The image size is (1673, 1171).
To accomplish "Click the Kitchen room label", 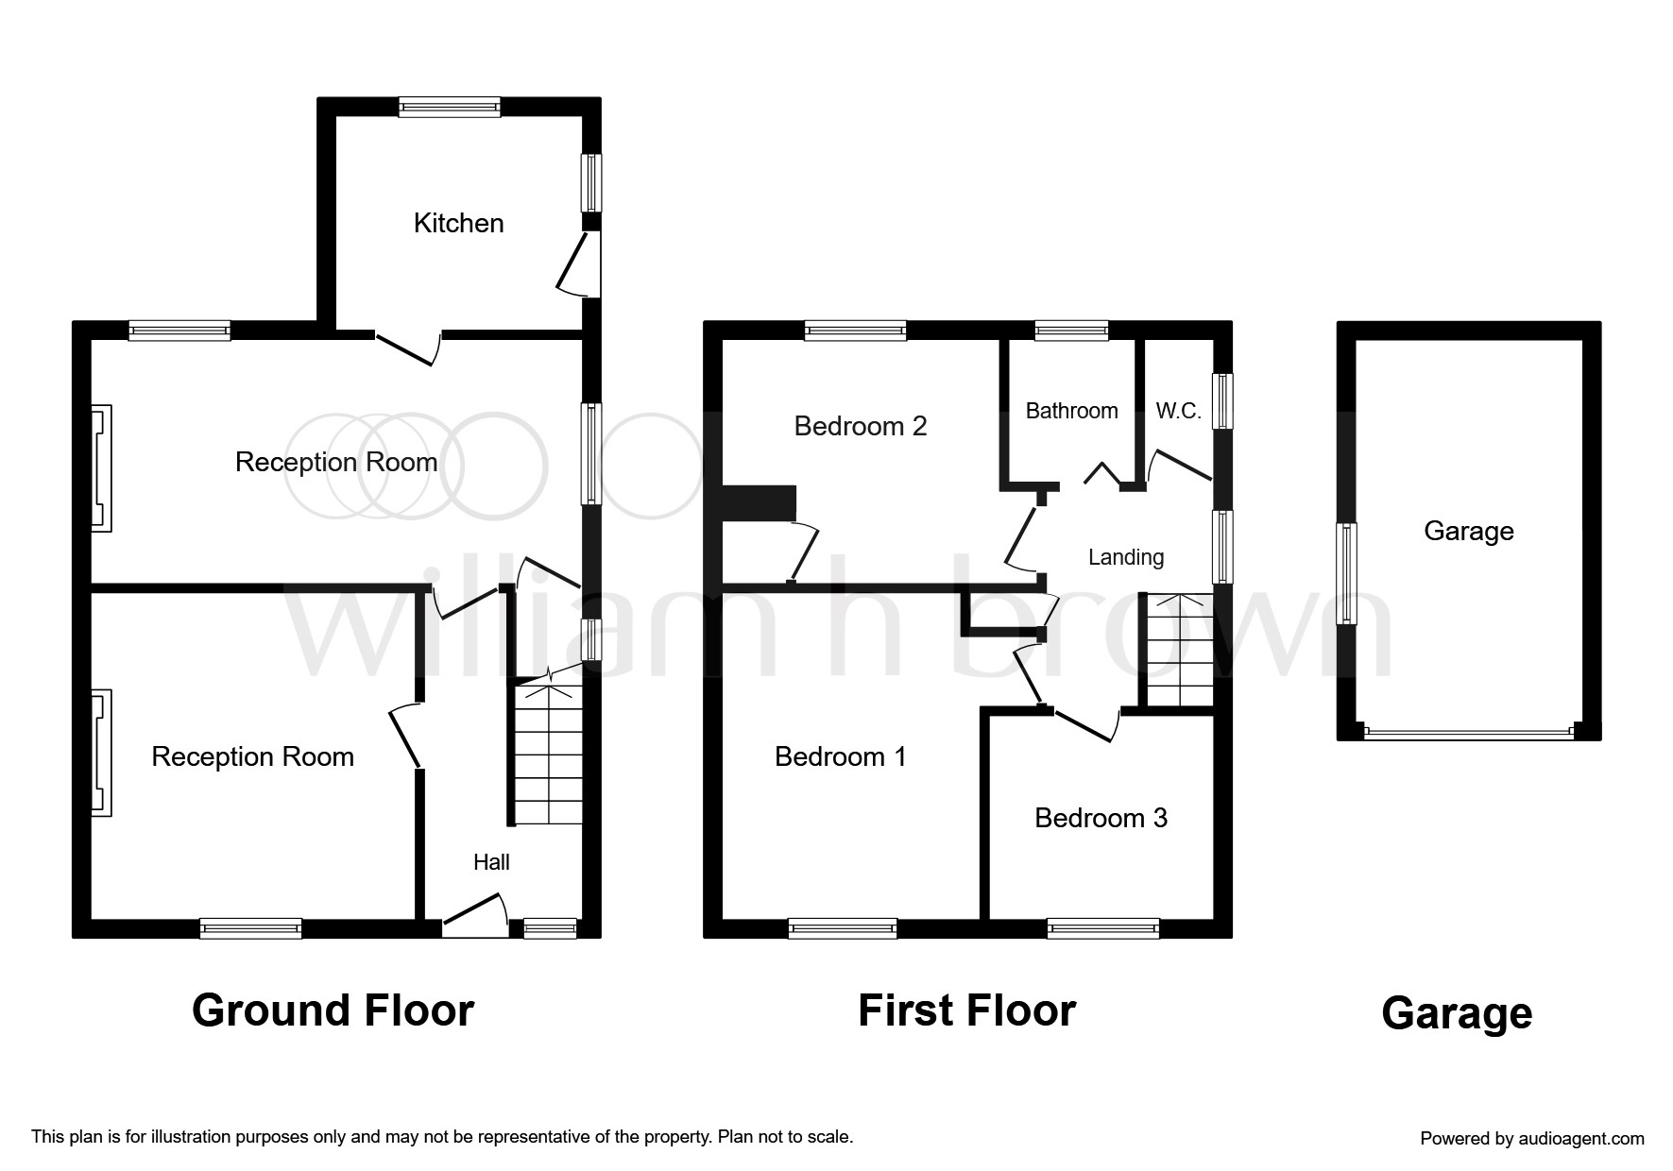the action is [458, 223].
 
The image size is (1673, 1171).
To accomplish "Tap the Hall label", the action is [491, 861].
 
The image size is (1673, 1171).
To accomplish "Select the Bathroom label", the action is [1071, 411].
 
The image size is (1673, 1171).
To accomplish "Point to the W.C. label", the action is [1178, 411].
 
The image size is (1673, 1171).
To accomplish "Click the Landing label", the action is [1126, 557].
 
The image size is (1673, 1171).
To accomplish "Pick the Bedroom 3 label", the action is [1101, 818].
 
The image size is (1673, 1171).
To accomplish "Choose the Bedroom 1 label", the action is [840, 756].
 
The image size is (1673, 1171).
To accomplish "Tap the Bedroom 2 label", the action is [860, 426].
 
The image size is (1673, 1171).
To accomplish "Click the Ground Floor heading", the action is [333, 1010].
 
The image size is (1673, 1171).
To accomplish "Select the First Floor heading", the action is [966, 1010].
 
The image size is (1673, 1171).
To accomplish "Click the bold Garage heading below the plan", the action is [1457, 1014].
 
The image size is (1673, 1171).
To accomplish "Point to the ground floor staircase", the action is [548, 753].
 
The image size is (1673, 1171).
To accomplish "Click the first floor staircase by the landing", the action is [1179, 650].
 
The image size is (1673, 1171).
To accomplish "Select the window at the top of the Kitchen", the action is [450, 107].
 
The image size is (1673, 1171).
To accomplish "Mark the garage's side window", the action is [1346, 573].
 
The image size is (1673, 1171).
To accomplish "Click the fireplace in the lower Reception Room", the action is [100, 753].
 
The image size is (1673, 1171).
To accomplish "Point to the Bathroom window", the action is [1071, 331].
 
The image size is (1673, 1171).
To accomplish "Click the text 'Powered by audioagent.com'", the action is [1532, 1139].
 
